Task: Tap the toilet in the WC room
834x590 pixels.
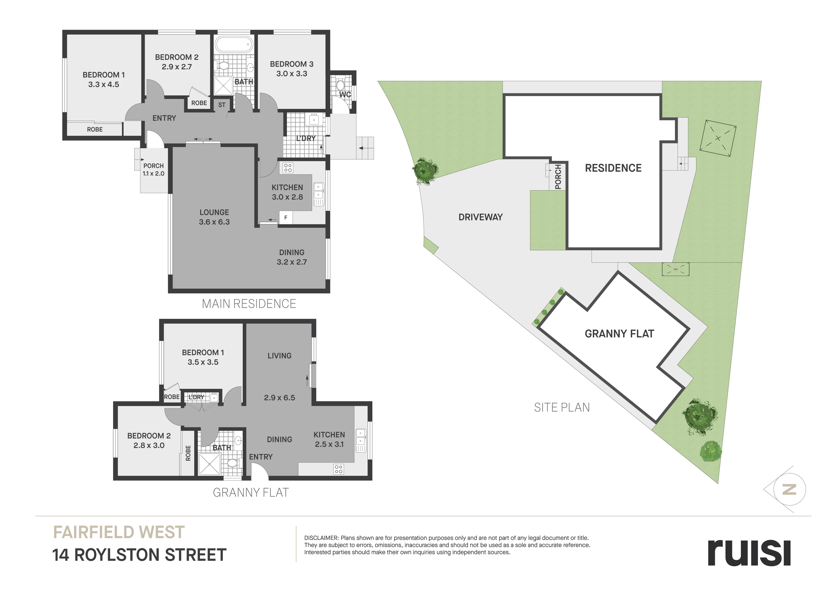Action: tap(340, 85)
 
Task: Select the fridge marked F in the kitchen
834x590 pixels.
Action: tap(286, 217)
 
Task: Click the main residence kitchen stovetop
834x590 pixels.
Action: tap(288, 167)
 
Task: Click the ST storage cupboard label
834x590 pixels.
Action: tap(222, 105)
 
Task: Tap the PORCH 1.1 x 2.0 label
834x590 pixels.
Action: tap(153, 169)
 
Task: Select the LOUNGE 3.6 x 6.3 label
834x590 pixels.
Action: tap(214, 217)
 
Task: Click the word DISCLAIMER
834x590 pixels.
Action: tap(321, 538)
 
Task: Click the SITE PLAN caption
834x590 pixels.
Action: tap(562, 408)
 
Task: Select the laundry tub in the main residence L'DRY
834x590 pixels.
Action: tap(314, 119)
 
